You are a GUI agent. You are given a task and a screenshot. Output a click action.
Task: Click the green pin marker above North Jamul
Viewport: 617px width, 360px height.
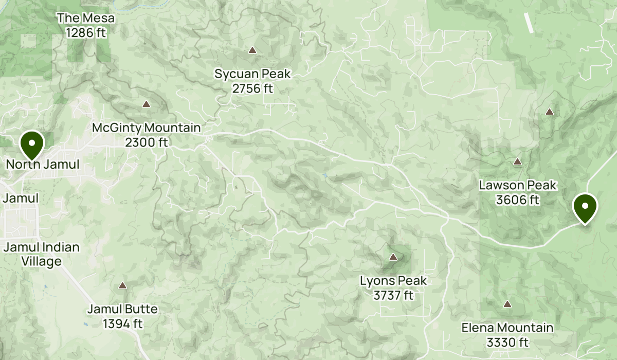click(32, 145)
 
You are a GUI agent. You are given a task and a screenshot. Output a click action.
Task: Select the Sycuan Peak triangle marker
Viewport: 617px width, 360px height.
click(252, 50)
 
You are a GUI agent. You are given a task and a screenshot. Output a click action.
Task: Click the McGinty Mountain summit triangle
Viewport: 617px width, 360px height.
click(146, 104)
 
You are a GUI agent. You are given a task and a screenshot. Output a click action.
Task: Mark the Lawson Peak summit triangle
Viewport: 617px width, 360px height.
click(517, 162)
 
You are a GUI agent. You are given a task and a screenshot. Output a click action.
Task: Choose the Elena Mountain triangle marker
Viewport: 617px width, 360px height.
click(507, 304)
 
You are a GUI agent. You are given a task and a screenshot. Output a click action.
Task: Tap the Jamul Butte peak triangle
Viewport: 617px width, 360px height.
click(122, 285)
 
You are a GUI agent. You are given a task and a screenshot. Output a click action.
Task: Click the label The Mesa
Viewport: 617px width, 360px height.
click(86, 19)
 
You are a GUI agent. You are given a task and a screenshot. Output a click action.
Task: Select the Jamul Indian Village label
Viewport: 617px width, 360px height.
click(42, 254)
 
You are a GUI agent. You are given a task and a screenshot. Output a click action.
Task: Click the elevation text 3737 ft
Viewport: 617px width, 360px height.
click(393, 295)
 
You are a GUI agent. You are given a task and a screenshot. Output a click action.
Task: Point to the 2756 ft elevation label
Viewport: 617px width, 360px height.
click(252, 88)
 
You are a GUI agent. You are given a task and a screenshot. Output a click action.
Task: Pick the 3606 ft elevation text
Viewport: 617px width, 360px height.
click(518, 200)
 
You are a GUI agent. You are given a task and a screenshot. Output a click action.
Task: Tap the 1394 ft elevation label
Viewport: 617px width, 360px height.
click(122, 324)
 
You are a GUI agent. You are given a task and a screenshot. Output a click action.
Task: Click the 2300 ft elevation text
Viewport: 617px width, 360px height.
click(147, 142)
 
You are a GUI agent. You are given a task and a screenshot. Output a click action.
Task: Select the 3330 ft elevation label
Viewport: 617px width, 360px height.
click(507, 342)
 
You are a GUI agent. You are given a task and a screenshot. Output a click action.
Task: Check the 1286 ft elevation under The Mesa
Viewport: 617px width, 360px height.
click(86, 32)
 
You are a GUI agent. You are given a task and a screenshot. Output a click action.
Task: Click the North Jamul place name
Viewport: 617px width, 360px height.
click(43, 165)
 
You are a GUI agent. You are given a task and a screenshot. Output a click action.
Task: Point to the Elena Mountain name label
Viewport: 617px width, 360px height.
click(507, 328)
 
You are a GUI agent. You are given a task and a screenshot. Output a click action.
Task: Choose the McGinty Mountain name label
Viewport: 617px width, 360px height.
click(147, 128)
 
